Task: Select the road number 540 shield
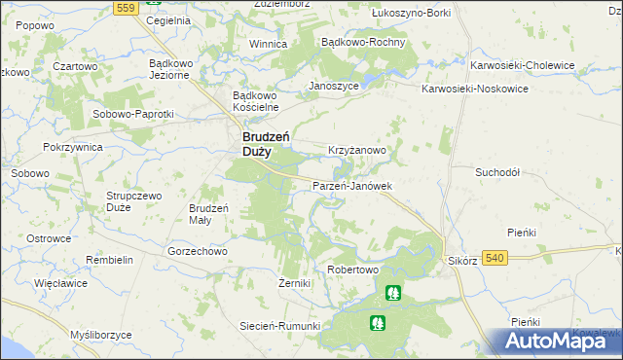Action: click(494, 257)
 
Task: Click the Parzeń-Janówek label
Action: click(351, 186)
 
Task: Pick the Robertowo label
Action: click(351, 269)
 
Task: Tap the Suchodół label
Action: click(497, 171)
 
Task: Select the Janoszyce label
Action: click(334, 86)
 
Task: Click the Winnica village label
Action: click(268, 45)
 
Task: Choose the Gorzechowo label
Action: click(197, 250)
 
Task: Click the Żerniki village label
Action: click(293, 283)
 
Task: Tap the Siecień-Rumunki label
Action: click(280, 326)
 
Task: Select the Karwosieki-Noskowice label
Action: click(474, 88)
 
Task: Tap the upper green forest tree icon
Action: click(391, 292)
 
